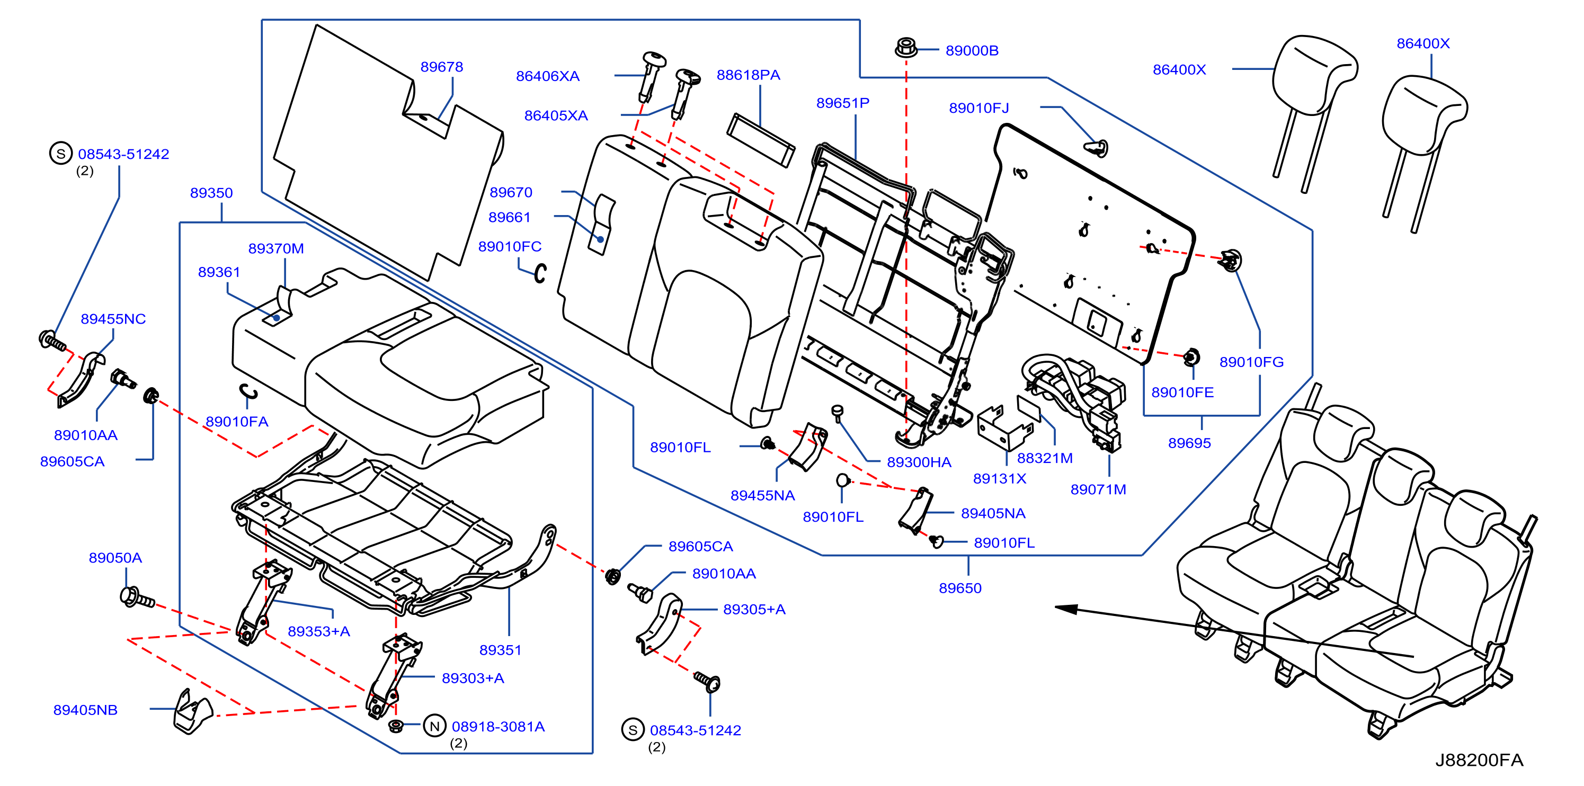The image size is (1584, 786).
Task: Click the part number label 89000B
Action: click(x=972, y=50)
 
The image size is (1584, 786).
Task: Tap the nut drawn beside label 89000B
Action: click(x=906, y=47)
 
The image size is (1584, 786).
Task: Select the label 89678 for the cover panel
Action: click(x=441, y=66)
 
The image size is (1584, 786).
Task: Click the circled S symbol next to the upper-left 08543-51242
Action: click(x=61, y=154)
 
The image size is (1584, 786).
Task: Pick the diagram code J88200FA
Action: click(x=1479, y=760)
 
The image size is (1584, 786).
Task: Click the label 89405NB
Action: click(x=85, y=710)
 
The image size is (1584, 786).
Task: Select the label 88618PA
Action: click(x=749, y=75)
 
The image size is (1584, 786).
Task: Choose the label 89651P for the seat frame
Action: click(x=842, y=103)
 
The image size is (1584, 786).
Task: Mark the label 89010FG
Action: click(x=1251, y=362)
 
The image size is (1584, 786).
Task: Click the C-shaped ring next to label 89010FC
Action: click(x=540, y=273)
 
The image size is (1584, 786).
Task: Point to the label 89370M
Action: click(x=276, y=248)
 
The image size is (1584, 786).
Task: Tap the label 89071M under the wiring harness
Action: click(x=1098, y=489)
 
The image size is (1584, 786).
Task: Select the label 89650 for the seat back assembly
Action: click(x=960, y=587)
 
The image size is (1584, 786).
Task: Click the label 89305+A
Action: click(x=754, y=609)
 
